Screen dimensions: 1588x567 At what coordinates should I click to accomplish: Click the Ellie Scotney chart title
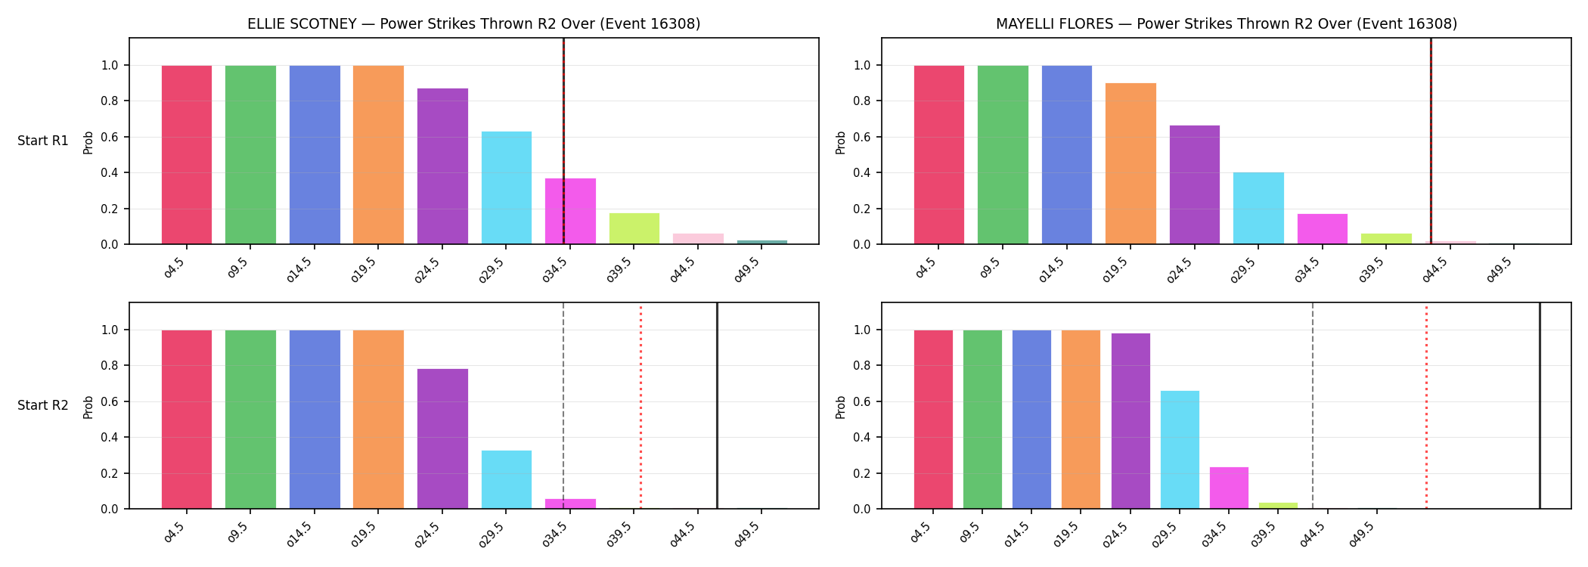(x=474, y=23)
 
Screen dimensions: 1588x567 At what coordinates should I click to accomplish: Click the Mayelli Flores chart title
(x=1227, y=23)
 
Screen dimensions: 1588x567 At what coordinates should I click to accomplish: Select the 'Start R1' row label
(x=43, y=141)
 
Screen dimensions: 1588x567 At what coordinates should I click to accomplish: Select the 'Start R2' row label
(x=43, y=405)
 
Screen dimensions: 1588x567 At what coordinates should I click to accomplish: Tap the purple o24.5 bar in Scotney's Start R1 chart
(x=442, y=166)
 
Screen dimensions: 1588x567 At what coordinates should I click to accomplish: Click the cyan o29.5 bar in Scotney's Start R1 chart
(x=507, y=187)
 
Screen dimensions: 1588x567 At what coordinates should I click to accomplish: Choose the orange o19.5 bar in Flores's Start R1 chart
(x=1131, y=163)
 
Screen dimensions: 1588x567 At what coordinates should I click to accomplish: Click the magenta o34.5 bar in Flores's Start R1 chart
(x=1323, y=229)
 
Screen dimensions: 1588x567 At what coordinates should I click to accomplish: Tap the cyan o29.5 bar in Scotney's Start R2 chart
(x=507, y=479)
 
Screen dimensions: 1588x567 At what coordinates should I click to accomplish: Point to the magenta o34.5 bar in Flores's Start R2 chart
(x=1229, y=488)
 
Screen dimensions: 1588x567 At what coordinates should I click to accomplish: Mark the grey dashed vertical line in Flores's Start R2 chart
(x=1313, y=406)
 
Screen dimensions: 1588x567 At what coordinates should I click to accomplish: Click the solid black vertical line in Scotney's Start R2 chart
(x=717, y=406)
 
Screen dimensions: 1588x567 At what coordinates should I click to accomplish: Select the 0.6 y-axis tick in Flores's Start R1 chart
(x=862, y=137)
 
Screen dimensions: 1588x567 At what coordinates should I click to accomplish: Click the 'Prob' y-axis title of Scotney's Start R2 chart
(x=88, y=407)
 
